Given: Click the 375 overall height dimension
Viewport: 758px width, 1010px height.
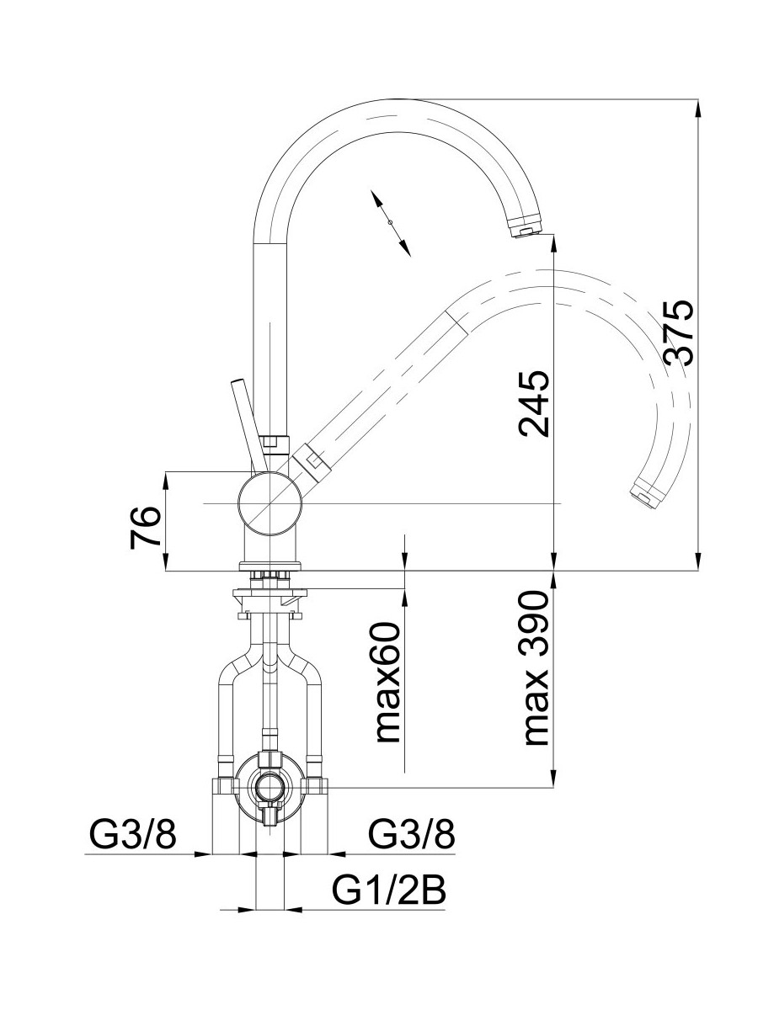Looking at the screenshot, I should [678, 332].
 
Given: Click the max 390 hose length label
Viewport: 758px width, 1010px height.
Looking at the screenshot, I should [536, 670].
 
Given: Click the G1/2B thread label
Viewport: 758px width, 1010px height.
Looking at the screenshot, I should [389, 890].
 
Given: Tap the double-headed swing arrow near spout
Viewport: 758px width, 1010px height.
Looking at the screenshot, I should [390, 222].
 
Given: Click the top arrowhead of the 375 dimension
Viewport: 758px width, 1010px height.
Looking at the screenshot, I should [698, 108].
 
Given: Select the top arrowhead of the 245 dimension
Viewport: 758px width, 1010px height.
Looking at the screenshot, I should [553, 241].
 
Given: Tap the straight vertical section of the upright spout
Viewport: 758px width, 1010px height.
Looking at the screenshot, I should [272, 337].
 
